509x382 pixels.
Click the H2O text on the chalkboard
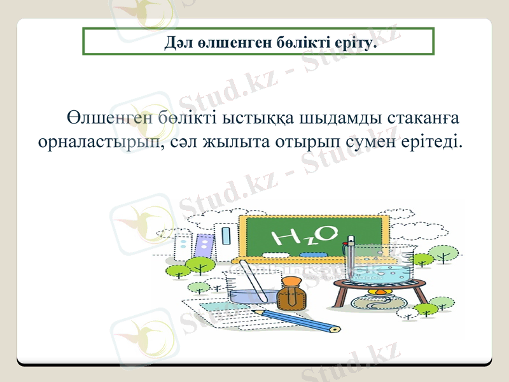point(305,236)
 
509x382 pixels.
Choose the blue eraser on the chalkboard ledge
point(312,255)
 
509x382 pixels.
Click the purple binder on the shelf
point(204,246)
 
